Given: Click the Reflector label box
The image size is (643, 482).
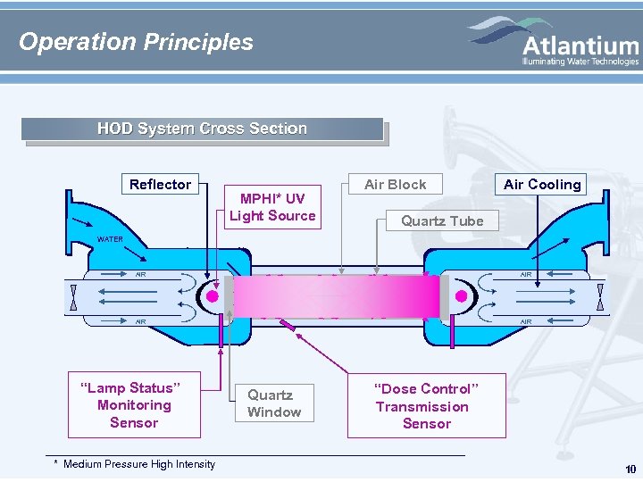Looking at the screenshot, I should [x=160, y=184].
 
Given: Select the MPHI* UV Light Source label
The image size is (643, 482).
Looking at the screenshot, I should [x=272, y=206].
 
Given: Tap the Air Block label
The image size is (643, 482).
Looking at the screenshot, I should [x=395, y=184].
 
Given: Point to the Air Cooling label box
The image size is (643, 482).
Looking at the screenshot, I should [x=542, y=184].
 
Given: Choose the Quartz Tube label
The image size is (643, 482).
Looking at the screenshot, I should [x=441, y=220].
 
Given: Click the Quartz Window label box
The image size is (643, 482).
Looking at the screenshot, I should [x=273, y=403].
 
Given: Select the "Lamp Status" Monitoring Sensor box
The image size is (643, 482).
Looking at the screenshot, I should [x=134, y=405].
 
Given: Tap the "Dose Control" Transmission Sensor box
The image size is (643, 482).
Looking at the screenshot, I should [x=426, y=406].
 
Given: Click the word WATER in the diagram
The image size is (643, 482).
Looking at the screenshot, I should [x=110, y=239].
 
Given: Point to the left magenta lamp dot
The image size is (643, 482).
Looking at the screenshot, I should [x=213, y=296].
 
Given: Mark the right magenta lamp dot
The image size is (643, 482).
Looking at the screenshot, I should [x=462, y=296].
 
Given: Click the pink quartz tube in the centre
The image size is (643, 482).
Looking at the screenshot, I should [x=335, y=295].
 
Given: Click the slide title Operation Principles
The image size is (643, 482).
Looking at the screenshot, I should [x=136, y=42].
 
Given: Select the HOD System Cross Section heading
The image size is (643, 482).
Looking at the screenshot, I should [x=202, y=129].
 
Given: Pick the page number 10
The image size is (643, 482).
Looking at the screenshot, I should [x=630, y=470].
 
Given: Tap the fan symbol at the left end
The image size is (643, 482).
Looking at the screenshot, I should [x=72, y=296].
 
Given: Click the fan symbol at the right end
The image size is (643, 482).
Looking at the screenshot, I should [x=600, y=296].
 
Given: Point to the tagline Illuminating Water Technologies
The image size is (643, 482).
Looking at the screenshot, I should [x=580, y=62].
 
